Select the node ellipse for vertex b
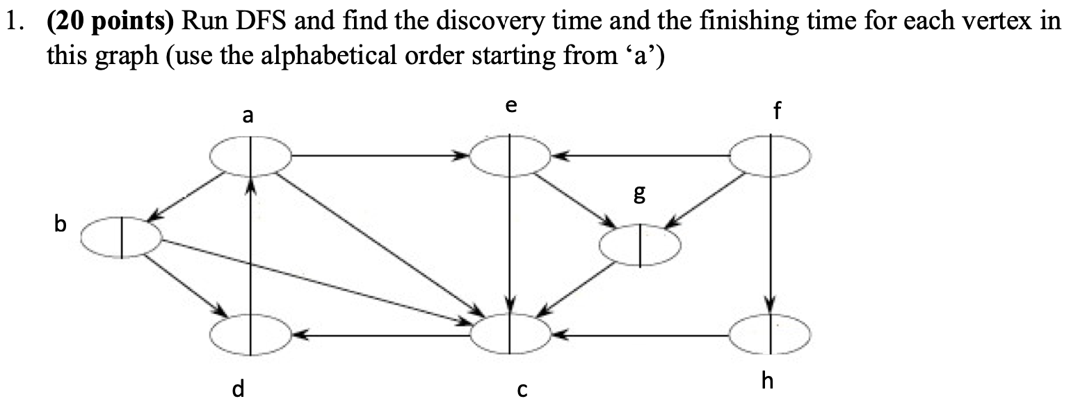(x=122, y=237)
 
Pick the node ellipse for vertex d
(x=251, y=335)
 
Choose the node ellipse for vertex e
(x=510, y=155)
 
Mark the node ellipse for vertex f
(x=770, y=155)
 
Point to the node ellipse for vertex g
(x=640, y=244)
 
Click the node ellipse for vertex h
(x=770, y=335)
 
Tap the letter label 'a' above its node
(x=247, y=116)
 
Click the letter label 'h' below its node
(x=768, y=381)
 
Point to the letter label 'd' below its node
(x=238, y=389)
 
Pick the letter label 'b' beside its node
(x=61, y=225)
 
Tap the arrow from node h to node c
(x=640, y=336)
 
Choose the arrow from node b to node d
(x=184, y=285)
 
